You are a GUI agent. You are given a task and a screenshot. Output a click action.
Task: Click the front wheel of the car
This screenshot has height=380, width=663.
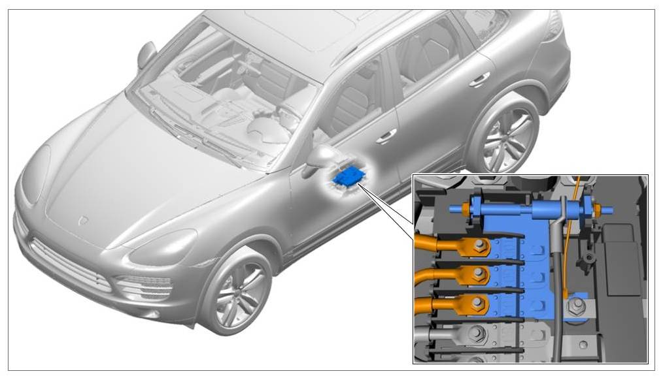click(x=236, y=291)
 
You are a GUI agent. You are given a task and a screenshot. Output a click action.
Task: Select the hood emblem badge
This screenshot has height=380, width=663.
click(x=84, y=221)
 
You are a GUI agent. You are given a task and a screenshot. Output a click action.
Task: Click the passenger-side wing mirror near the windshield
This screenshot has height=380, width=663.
click(x=146, y=54)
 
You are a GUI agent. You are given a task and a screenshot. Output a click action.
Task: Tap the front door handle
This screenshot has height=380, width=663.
click(x=386, y=135)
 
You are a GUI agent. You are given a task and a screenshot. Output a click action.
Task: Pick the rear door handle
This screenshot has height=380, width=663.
click(x=479, y=79)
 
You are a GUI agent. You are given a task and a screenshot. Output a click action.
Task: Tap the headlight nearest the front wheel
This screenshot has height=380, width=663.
click(x=161, y=247)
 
